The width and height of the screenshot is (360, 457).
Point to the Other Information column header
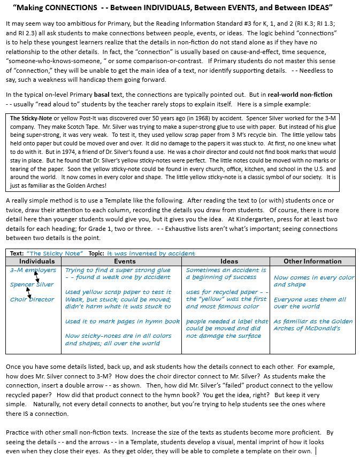312,261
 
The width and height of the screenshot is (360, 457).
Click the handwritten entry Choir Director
32,299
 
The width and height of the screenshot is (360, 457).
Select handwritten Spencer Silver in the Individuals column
32,284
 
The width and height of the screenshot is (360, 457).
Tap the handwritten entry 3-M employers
33,270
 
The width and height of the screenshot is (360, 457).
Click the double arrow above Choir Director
29,292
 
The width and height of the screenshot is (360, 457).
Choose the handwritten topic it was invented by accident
151,253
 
